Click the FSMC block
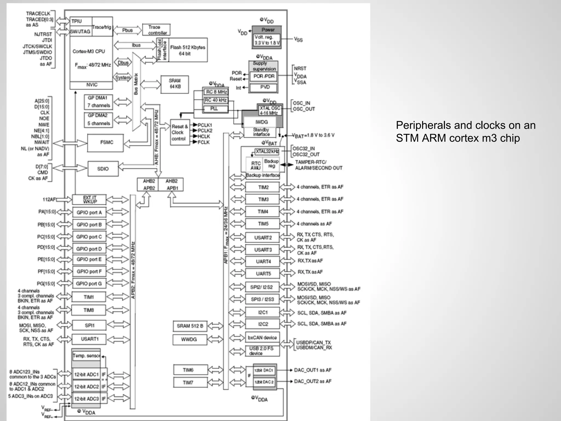tap(105, 143)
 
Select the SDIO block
tap(103, 169)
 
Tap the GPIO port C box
tap(89, 237)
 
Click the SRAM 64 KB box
tap(175, 84)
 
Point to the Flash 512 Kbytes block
tap(188, 50)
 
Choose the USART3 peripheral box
tap(263, 250)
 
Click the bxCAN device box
tap(262, 338)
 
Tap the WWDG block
tap(189, 339)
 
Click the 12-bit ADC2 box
tap(87, 387)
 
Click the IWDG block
tap(262, 122)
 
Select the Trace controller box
tap(156, 30)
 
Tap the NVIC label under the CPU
tap(91, 85)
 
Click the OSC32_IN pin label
tap(304, 149)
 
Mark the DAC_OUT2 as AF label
tap(313, 381)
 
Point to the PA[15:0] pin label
tap(47, 212)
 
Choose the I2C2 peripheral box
tap(263, 324)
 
